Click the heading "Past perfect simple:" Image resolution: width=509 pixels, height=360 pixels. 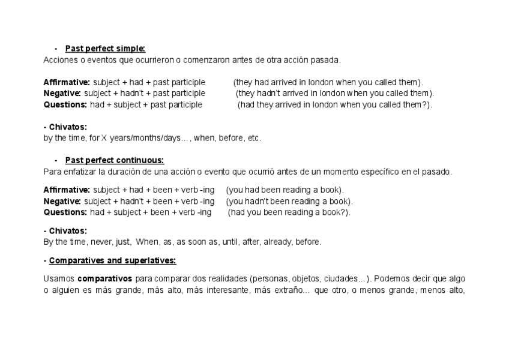tap(105, 49)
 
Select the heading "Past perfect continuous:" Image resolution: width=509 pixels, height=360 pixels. tap(115, 160)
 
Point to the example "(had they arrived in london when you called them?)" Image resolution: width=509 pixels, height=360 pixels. tap(334, 104)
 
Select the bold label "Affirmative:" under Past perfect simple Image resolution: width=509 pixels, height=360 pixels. tap(67, 82)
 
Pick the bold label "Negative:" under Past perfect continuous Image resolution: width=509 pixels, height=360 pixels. tap(62, 201)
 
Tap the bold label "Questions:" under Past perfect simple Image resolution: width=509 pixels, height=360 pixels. tap(65, 104)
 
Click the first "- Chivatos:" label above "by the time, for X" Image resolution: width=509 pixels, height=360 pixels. tap(65, 127)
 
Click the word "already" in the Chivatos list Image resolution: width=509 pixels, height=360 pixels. tap(277, 242)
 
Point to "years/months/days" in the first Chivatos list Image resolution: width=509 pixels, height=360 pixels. tap(140, 138)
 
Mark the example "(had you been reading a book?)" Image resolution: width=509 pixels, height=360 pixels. tap(289, 212)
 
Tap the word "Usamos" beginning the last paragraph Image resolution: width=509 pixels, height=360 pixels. tap(59, 278)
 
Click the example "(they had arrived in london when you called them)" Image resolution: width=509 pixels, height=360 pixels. tap(328, 82)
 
